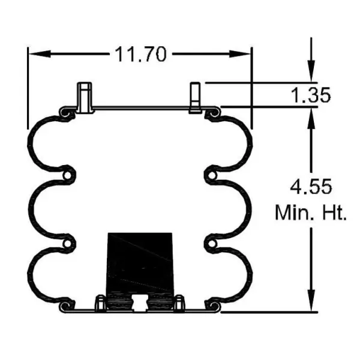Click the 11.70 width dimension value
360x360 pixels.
point(140,55)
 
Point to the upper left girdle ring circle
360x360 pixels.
point(69,175)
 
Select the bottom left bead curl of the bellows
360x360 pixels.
point(66,308)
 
